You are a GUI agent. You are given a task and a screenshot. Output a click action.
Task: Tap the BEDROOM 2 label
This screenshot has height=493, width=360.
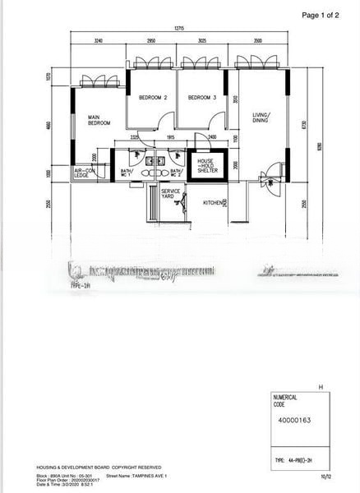pyautogui.click(x=153, y=98)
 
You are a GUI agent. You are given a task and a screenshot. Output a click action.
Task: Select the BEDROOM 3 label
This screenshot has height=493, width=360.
pyautogui.click(x=201, y=98)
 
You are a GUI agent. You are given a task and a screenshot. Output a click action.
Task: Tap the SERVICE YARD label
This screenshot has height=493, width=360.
pyautogui.click(x=170, y=193)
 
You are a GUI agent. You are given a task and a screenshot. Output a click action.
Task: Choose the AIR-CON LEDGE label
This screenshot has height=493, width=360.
pyautogui.click(x=85, y=173)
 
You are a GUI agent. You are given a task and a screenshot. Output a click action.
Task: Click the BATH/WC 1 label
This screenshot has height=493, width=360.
pyautogui.click(x=127, y=173)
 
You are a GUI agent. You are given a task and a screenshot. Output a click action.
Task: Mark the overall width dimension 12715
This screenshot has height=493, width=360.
pyautogui.click(x=178, y=29)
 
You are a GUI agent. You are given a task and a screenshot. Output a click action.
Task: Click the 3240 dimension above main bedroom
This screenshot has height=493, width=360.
pyautogui.click(x=99, y=39)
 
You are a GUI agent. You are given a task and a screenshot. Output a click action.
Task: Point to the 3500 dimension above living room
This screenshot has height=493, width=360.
pyautogui.click(x=258, y=39)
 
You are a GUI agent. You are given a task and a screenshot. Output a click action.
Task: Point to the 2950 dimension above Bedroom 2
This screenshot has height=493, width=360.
pyautogui.click(x=152, y=39)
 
